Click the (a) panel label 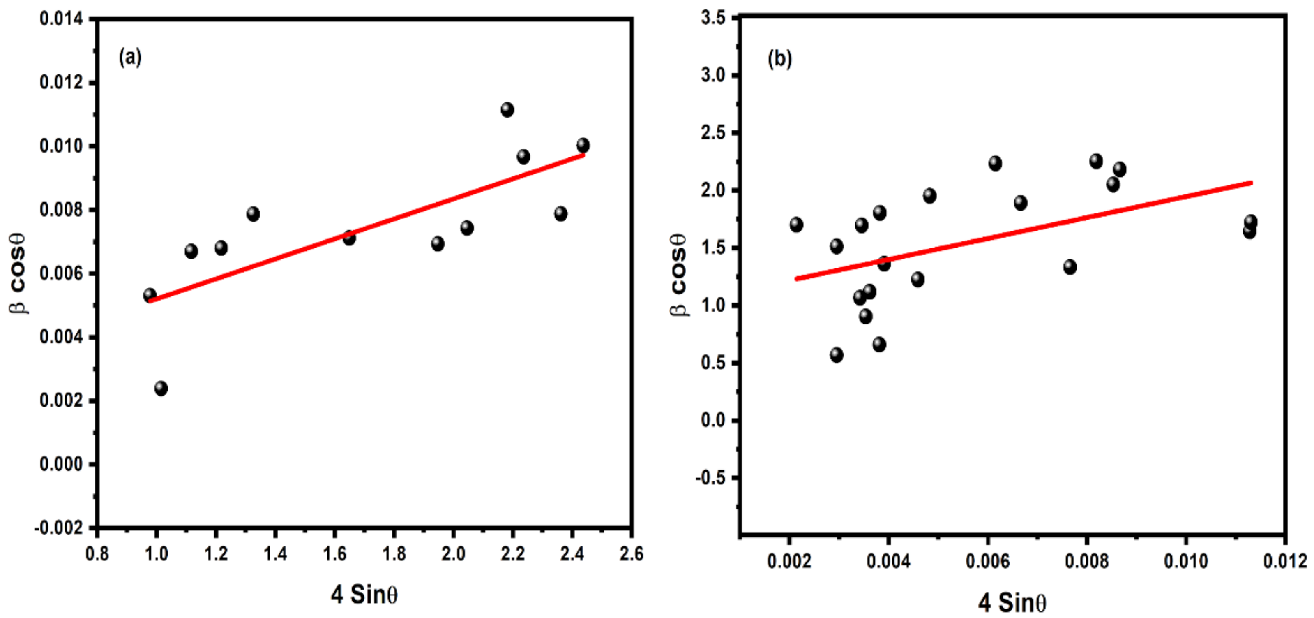click(x=130, y=57)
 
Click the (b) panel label click(x=779, y=59)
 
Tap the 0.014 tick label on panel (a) click(x=61, y=19)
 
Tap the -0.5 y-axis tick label click(x=710, y=478)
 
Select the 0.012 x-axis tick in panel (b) click(x=1285, y=561)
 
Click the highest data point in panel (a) click(x=507, y=110)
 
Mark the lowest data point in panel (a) click(x=161, y=388)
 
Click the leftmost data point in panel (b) click(x=796, y=225)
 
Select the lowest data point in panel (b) click(x=836, y=355)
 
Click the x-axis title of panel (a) click(x=364, y=595)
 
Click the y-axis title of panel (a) click(x=18, y=273)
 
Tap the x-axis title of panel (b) click(x=1012, y=603)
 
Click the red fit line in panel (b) click(x=1020, y=231)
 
